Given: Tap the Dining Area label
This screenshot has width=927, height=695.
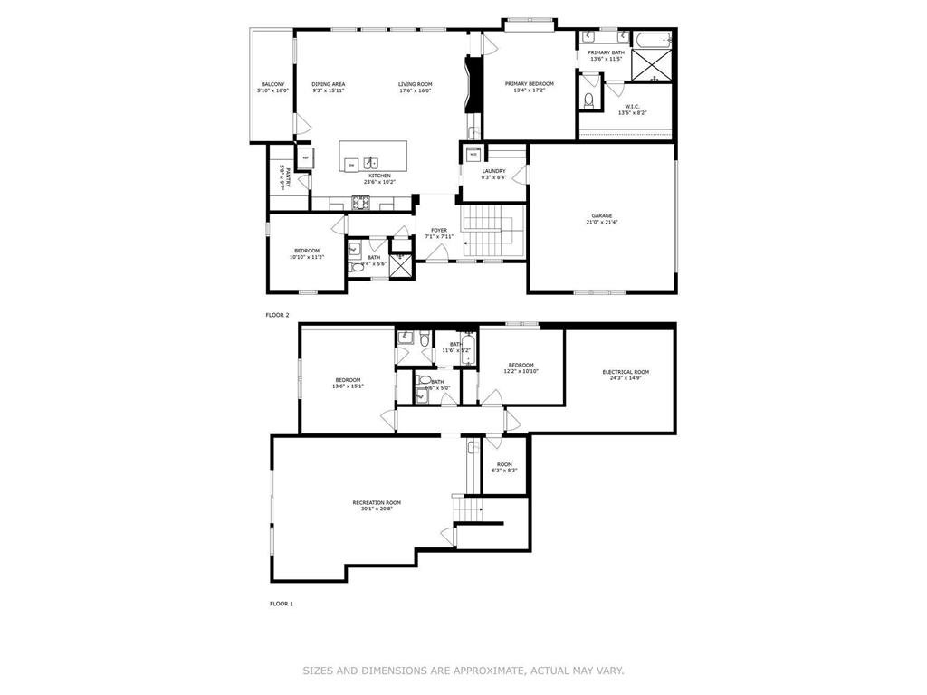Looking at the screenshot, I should (x=329, y=84).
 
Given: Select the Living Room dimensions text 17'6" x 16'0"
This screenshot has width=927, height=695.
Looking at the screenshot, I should (x=415, y=90).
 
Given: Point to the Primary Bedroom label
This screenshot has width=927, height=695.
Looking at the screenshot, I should (x=529, y=84).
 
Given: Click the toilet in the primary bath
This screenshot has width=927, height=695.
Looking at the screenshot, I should (x=588, y=100).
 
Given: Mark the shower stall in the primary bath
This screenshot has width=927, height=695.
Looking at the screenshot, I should (x=651, y=67).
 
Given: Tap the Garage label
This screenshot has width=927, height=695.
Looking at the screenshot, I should (x=602, y=215).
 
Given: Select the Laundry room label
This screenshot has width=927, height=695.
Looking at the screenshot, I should (x=493, y=171).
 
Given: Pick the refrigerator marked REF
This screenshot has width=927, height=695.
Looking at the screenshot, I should (x=306, y=157).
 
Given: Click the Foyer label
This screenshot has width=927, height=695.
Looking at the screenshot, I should (x=439, y=231).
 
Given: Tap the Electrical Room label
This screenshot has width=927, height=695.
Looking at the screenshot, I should (x=626, y=372).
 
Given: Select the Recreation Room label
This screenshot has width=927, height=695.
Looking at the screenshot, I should (x=377, y=502).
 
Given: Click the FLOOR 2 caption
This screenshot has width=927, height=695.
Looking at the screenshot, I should (x=277, y=315).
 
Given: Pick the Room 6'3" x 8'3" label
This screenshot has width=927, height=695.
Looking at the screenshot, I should (x=504, y=464).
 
